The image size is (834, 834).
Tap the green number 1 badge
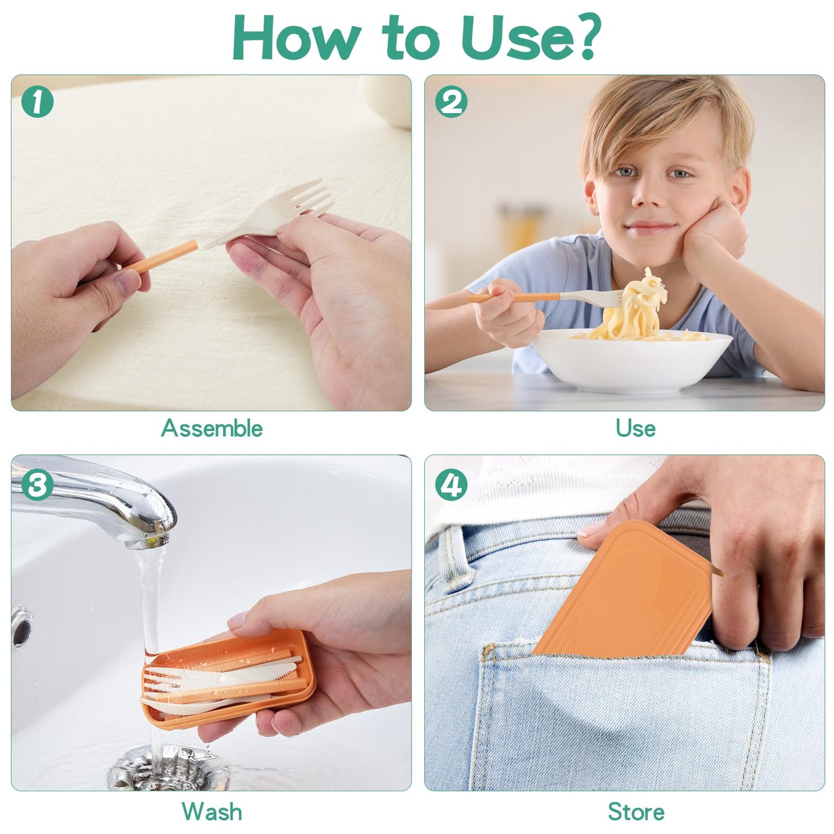pos(38,102)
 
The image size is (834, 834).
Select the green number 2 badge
pos(451,102)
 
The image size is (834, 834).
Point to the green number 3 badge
pos(38,485)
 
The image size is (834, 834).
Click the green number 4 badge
pos(451,485)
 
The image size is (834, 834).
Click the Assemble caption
pos(211,428)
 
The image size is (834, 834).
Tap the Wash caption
pos(211,811)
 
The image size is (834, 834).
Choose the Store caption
pos(635,811)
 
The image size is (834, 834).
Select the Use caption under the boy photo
pos(635,428)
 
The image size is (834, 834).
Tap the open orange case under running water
pos(231,681)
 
